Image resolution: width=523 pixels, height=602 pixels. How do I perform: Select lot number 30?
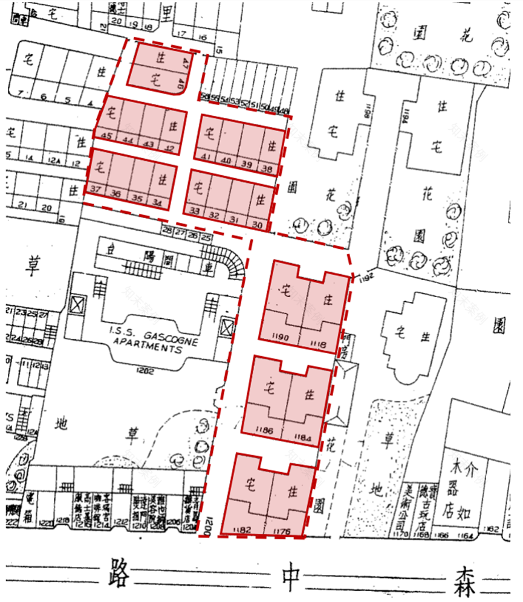(257, 225)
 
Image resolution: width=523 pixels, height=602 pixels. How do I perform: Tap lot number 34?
(158, 201)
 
